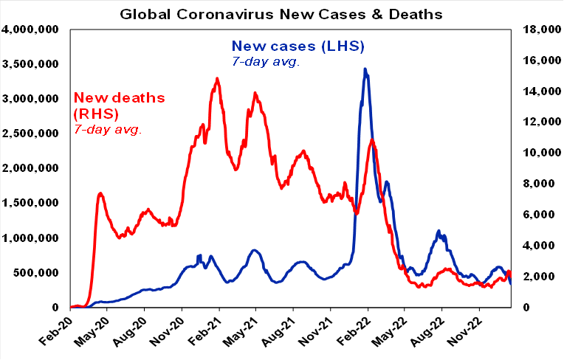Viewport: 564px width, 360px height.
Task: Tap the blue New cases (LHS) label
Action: pyautogui.click(x=298, y=47)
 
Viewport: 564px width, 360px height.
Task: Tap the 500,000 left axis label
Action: pyautogui.click(x=38, y=273)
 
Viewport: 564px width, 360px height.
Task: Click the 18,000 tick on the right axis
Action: pyautogui.click(x=537, y=30)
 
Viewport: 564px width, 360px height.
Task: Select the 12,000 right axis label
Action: pyautogui.click(x=537, y=122)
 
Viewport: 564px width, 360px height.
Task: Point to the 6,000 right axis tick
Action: pyautogui.click(x=540, y=215)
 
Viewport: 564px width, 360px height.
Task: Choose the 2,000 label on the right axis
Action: pyautogui.click(x=540, y=277)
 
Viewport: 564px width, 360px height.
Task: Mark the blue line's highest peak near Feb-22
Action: pyautogui.click(x=365, y=69)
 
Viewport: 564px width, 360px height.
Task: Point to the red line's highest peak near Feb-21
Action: pyautogui.click(x=216, y=78)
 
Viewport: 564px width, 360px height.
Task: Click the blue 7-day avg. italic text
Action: pyautogui.click(x=266, y=62)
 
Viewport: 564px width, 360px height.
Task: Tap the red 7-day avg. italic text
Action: pyautogui.click(x=108, y=130)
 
